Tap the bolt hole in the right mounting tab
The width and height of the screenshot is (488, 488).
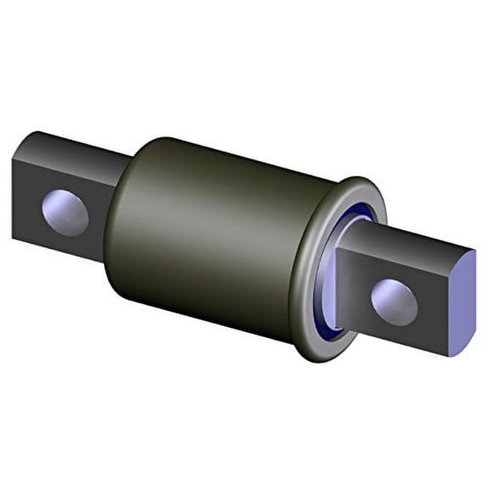[x=395, y=297]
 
